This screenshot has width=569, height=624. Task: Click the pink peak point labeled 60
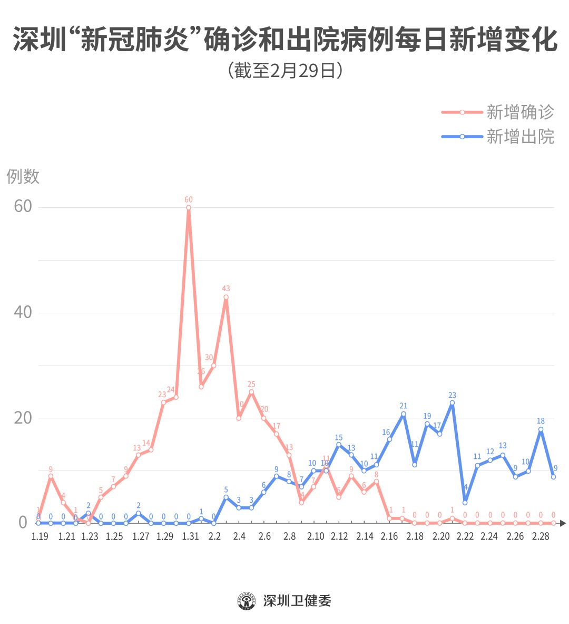tap(189, 208)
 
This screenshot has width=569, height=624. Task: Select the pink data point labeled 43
tap(226, 297)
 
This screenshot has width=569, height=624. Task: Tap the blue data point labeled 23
tap(452, 403)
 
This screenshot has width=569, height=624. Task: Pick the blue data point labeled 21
tap(404, 414)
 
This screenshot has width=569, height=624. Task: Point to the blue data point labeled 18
tap(541, 429)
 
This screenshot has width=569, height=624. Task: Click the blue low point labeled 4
tap(465, 502)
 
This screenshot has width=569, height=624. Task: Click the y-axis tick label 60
tap(23, 206)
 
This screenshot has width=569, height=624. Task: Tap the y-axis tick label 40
tap(23, 312)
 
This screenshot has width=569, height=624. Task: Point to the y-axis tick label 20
tap(23, 418)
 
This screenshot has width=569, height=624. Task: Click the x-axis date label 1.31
tap(190, 536)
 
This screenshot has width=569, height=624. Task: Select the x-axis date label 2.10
tap(316, 536)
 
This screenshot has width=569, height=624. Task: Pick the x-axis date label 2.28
tap(541, 536)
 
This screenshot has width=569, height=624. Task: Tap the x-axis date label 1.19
tap(40, 536)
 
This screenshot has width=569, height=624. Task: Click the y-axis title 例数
tap(23, 176)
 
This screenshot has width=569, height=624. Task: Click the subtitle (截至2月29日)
tap(285, 70)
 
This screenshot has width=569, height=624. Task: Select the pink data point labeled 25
tap(251, 392)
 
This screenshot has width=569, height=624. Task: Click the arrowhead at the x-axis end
tap(563, 523)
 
